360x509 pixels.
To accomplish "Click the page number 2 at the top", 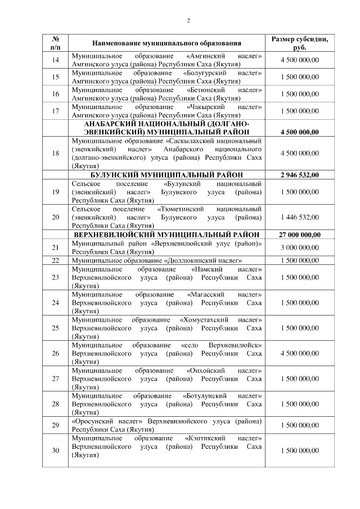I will pos(188,21).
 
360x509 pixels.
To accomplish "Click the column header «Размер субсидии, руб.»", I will pos(299,43).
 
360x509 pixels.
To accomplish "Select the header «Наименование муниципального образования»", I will pos(166,43).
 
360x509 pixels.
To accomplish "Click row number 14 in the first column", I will pos(55,60).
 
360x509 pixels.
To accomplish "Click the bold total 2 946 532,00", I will pos(299,175).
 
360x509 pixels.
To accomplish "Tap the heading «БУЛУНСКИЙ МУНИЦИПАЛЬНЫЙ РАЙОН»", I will pos(166,175).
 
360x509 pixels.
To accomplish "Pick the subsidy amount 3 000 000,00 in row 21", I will pos(299,247).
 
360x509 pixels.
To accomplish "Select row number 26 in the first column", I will pos(55,353).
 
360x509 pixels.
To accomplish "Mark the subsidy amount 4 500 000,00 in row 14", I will pos(299,60).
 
